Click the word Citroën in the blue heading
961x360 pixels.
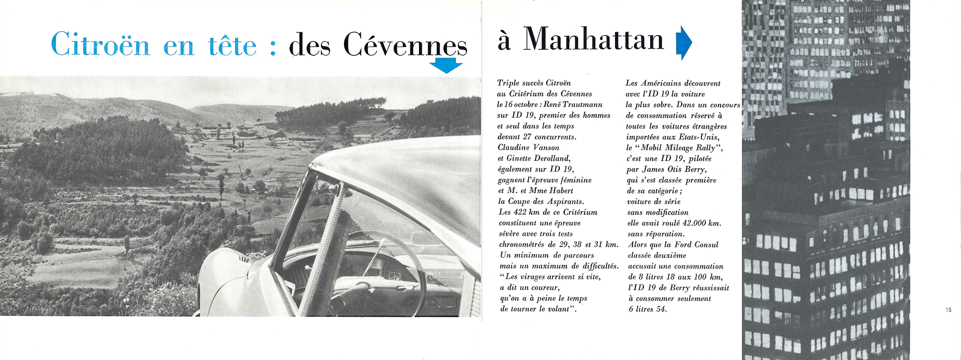pos(100,44)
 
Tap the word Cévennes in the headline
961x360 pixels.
pos(405,45)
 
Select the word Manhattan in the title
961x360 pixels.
pos(593,39)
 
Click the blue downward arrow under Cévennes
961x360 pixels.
pos(446,65)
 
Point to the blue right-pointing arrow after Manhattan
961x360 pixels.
pos(683,42)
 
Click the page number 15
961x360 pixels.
pos(948,310)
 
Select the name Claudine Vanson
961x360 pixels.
pos(528,148)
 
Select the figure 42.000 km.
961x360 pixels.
pos(701,223)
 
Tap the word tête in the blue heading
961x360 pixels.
pos(233,45)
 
